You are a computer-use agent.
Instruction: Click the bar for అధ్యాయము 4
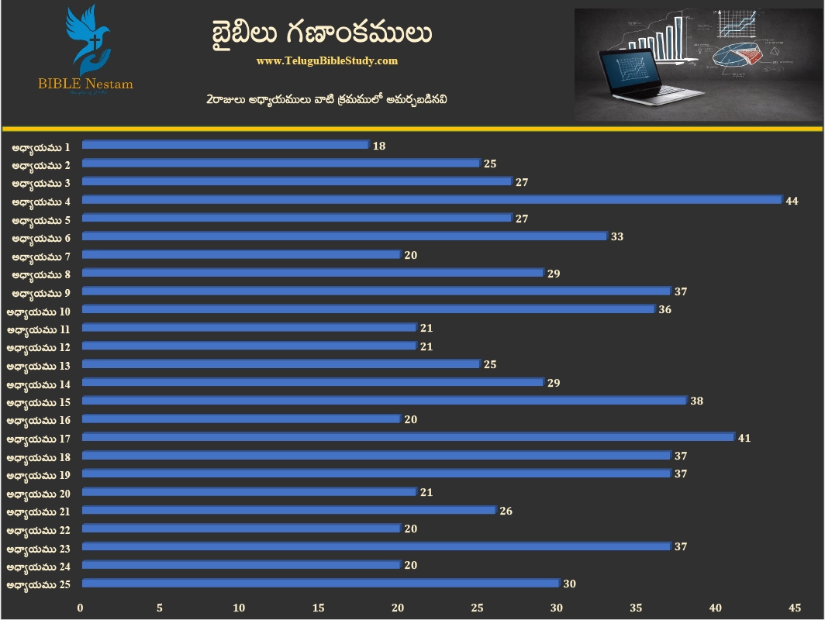point(432,200)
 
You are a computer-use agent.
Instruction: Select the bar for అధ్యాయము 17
point(408,437)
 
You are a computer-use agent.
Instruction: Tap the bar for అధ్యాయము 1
point(226,145)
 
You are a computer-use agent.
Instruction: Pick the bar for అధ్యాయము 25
point(320,584)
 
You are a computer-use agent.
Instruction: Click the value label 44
point(792,201)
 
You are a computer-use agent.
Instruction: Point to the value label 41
point(744,438)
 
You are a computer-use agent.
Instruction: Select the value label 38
point(696,401)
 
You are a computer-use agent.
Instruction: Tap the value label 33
point(617,237)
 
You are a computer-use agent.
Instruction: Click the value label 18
point(378,146)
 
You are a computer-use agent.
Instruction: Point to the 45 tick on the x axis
point(794,608)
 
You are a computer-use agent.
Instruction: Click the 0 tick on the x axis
point(81,608)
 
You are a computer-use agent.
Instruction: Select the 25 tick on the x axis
point(477,608)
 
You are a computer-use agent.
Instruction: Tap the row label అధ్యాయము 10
point(38,311)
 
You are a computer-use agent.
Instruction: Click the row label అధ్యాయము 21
point(38,511)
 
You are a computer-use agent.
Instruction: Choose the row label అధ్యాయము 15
point(38,402)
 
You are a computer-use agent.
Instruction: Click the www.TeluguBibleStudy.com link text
point(326,60)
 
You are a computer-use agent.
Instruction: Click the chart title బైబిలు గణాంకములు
point(321,33)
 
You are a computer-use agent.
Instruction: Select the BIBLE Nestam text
point(85,84)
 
